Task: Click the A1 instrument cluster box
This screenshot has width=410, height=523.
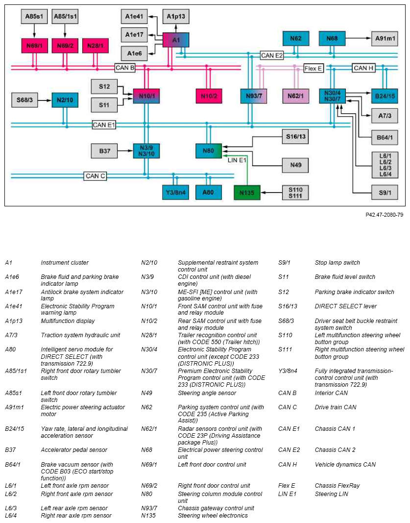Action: tap(176, 40)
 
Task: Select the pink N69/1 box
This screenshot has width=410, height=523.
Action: tap(34, 46)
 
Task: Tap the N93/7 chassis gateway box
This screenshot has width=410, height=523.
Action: tap(254, 96)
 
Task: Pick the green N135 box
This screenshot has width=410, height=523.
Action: tap(247, 193)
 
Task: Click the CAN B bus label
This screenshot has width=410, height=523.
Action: tap(125, 68)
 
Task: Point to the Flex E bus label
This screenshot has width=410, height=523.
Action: tap(314, 69)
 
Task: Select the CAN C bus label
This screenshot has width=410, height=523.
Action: tap(95, 176)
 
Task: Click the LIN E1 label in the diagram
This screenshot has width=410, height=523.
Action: tap(237, 160)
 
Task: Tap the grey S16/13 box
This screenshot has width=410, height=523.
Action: tap(295, 136)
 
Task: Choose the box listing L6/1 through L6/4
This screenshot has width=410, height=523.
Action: tap(385, 165)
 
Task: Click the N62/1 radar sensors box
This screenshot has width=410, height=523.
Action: tap(295, 96)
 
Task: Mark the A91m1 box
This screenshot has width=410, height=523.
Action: tap(385, 38)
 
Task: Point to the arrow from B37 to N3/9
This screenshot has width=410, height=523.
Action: tap(125, 151)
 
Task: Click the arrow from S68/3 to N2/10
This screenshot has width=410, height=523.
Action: tap(45, 100)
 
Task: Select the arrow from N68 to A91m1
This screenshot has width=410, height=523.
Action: tap(359, 38)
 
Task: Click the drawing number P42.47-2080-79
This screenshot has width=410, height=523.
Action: tap(384, 215)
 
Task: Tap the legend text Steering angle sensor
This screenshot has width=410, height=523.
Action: tap(207, 393)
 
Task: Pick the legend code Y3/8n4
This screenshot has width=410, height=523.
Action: tap(288, 371)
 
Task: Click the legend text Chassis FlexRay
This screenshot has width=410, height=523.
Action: tap(338, 486)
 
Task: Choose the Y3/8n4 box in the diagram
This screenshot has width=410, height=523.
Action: tap(176, 193)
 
